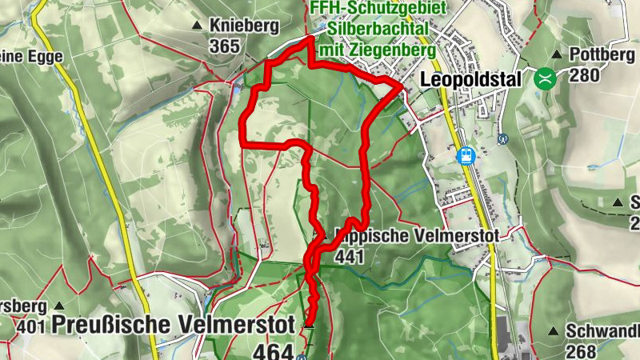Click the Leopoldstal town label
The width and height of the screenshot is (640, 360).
click(470, 80)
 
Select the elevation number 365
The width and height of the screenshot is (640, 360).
click(225, 46)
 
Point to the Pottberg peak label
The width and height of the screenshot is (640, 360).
click(600, 55)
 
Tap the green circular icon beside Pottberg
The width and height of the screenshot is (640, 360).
click(545, 78)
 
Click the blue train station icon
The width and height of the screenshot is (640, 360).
click(466, 155)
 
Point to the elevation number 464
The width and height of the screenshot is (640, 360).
click(272, 351)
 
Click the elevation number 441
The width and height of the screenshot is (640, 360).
click(350, 256)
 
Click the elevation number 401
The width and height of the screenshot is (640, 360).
click(30, 326)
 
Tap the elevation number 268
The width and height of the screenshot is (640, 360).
click(580, 350)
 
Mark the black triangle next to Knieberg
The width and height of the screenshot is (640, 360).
click(197, 26)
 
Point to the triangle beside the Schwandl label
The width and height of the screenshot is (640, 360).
click(553, 330)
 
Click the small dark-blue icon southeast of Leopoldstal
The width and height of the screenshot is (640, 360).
click(503, 138)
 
